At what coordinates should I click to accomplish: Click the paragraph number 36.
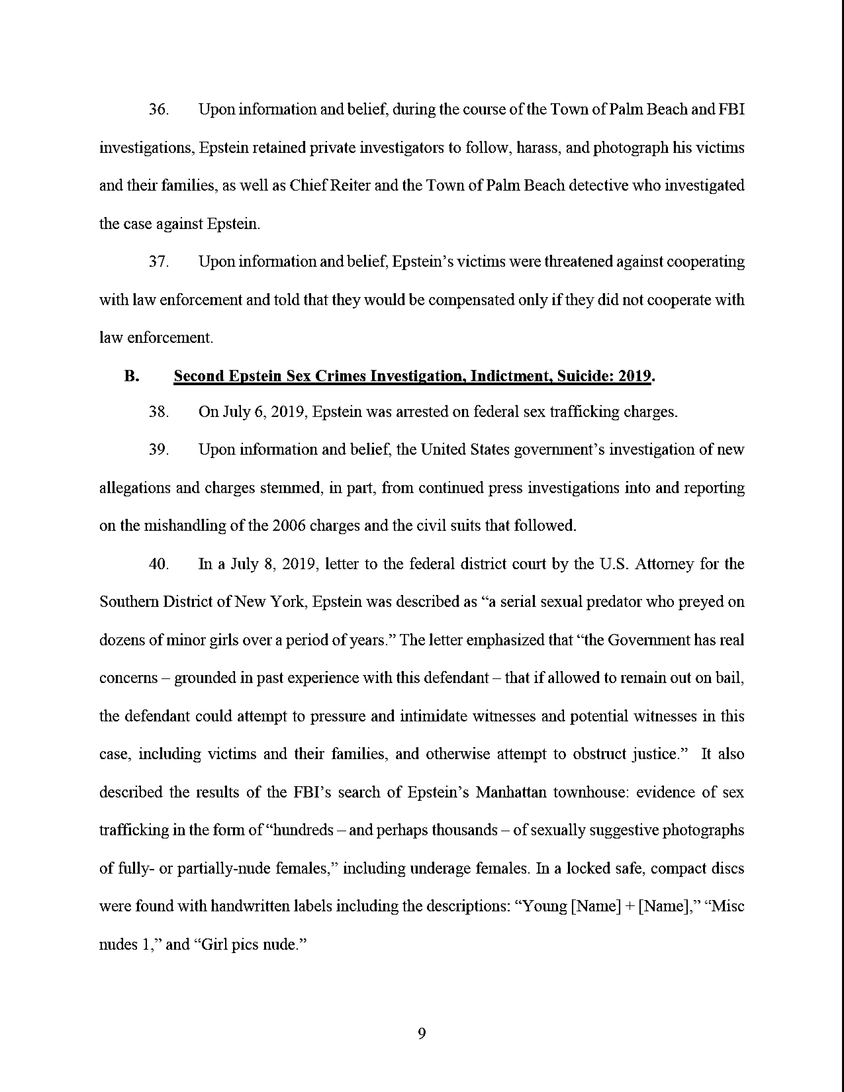point(158,110)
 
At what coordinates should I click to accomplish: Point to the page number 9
point(421,1033)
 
